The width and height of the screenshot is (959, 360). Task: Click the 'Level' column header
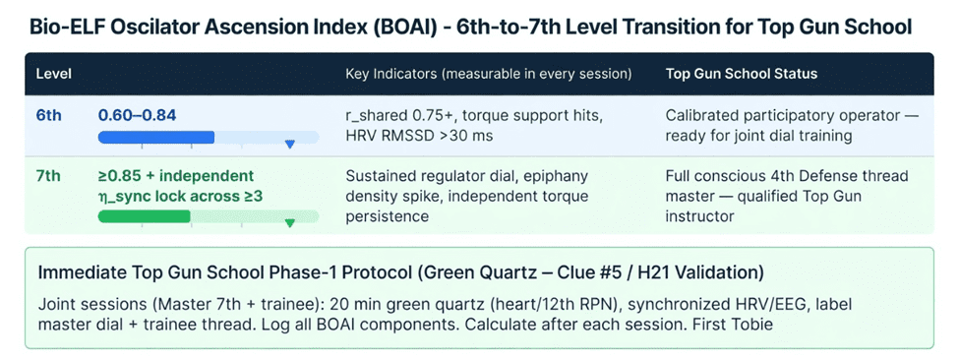tap(54, 74)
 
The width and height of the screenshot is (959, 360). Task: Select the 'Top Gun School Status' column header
tap(742, 74)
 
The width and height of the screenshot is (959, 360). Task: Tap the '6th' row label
tap(49, 115)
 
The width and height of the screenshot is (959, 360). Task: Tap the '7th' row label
tap(48, 176)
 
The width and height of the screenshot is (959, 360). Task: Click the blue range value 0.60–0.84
tap(137, 115)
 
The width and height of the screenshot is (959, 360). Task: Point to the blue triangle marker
tap(290, 145)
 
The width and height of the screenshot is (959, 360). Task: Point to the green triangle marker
tap(290, 223)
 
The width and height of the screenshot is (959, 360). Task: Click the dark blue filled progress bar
tap(156, 137)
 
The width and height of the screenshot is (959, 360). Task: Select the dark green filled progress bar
tap(145, 216)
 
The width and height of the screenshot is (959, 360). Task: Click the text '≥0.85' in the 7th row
tap(118, 176)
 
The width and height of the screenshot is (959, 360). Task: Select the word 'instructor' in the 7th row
tap(699, 216)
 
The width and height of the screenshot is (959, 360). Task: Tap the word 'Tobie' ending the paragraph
tap(756, 324)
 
